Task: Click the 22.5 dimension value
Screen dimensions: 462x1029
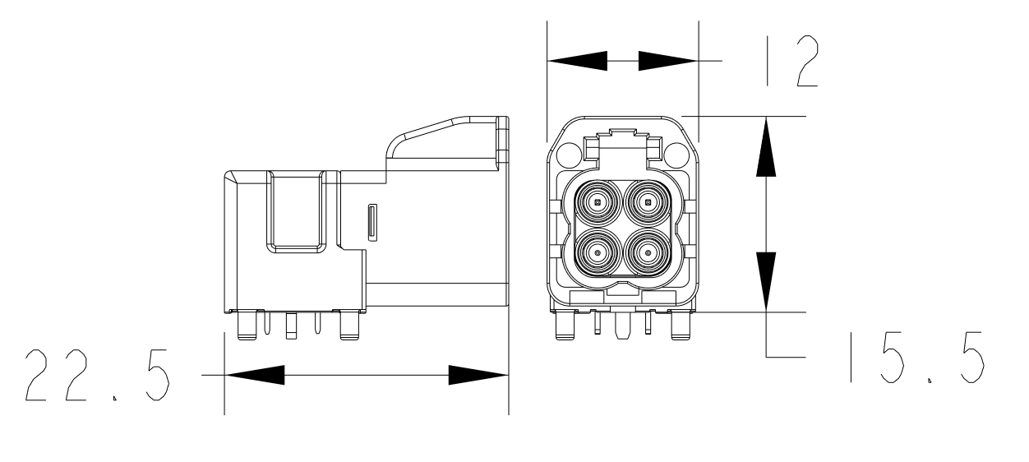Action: click(97, 377)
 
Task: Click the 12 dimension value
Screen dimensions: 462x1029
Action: click(786, 61)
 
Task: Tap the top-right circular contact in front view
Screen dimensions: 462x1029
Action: click(648, 201)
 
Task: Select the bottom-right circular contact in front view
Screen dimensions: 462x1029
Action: click(648, 252)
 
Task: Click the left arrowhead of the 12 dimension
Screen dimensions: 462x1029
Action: click(577, 61)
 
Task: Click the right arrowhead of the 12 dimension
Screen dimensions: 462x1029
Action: click(667, 61)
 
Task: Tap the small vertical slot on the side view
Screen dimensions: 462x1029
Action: click(372, 224)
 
